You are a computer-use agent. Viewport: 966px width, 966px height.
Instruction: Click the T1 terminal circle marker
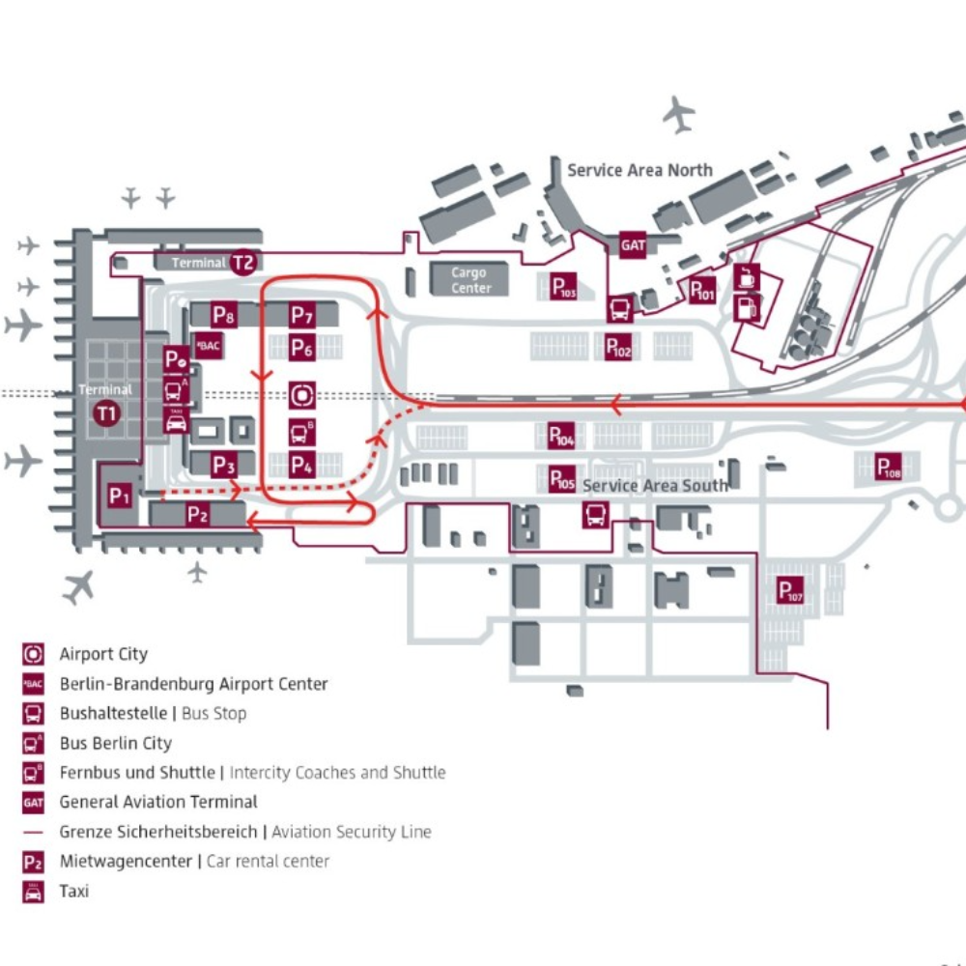click(x=106, y=415)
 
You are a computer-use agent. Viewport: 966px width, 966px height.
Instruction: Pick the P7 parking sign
click(x=302, y=315)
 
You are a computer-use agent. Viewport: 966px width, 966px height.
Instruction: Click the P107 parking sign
click(x=790, y=590)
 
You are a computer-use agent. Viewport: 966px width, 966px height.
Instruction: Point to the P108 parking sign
click(x=889, y=468)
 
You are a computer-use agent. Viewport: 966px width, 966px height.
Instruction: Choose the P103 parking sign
click(x=563, y=287)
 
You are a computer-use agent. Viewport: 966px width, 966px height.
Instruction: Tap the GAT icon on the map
click(x=633, y=245)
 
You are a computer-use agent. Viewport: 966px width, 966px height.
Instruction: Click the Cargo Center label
click(x=470, y=280)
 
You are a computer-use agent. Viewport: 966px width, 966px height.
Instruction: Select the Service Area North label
click(x=639, y=170)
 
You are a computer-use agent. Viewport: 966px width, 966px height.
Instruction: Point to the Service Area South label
click(x=654, y=485)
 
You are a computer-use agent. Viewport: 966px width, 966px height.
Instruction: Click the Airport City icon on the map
click(x=302, y=394)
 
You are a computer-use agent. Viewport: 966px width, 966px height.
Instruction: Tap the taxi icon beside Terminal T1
click(x=176, y=422)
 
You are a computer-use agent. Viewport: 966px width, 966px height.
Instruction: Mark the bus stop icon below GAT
click(x=620, y=309)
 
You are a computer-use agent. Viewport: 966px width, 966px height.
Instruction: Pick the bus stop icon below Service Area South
click(x=595, y=514)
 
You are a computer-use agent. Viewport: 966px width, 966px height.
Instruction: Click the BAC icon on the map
click(x=208, y=345)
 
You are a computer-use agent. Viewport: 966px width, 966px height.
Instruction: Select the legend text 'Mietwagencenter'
click(x=126, y=862)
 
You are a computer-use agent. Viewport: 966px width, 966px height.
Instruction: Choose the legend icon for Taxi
click(x=33, y=892)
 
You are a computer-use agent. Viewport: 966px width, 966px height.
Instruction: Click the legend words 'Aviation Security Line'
click(x=352, y=832)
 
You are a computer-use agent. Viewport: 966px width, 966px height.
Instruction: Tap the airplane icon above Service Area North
click(x=680, y=114)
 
